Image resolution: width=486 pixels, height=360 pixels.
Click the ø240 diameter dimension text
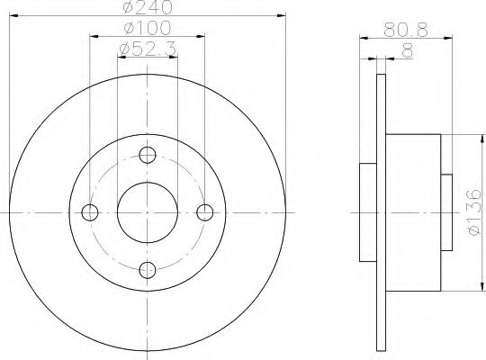pos(148,11)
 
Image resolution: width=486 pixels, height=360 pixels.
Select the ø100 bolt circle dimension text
pos(148,31)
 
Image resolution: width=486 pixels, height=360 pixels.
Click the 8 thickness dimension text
pos(407,53)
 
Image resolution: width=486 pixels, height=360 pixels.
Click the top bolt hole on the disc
pos(148,154)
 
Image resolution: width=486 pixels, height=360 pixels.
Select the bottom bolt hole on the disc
pos(148,269)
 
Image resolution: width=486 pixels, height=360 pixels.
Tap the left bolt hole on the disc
pos(90,211)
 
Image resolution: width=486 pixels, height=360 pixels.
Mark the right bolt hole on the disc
pos(205,211)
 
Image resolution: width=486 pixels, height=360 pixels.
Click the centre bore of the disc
pos(148,211)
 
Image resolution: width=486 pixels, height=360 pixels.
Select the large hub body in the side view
pos(414,211)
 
